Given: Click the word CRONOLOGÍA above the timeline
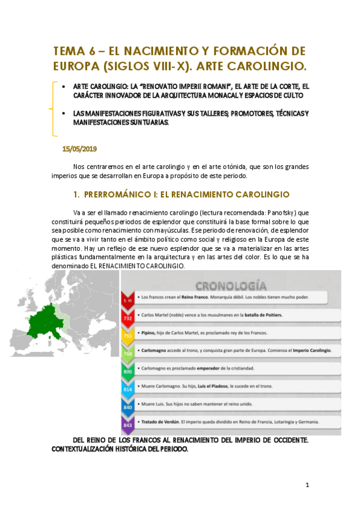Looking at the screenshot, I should pos(231,284).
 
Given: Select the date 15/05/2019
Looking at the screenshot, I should pos(79,148).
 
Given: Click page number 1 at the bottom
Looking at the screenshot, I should pos(307,485).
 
